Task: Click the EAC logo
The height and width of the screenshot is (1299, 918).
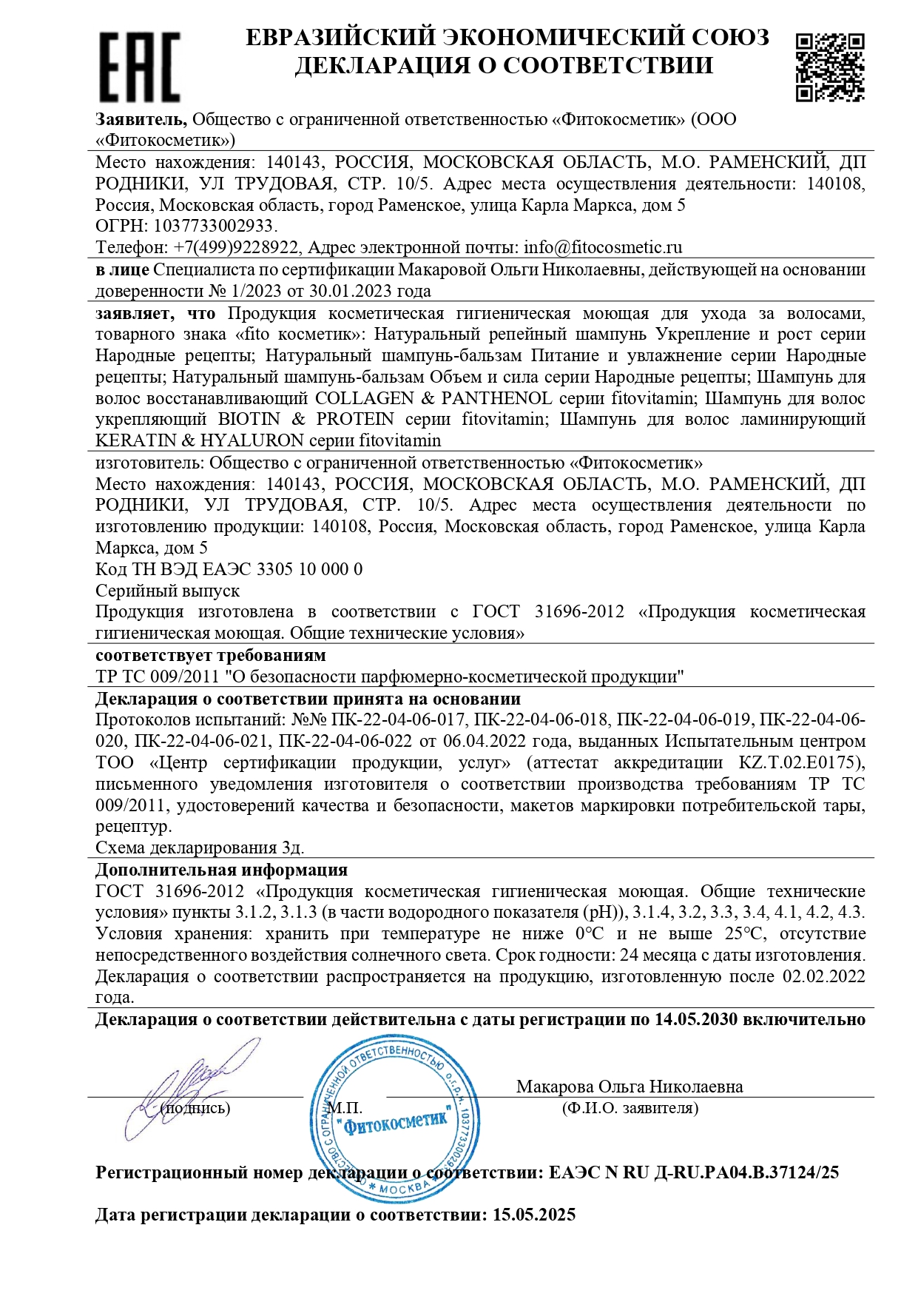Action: click(x=139, y=67)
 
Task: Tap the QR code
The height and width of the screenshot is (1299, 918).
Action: click(x=830, y=67)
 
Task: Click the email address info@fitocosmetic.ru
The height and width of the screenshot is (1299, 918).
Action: click(x=603, y=247)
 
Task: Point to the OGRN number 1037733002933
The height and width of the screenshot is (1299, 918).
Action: click(x=213, y=226)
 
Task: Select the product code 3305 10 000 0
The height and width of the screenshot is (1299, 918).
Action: click(x=309, y=569)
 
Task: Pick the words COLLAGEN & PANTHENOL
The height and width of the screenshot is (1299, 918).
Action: click(x=433, y=398)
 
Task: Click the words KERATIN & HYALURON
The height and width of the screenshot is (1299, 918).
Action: click(x=200, y=441)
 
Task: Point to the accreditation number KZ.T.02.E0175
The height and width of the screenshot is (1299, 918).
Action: click(x=800, y=762)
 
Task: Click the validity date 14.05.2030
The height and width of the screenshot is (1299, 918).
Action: click(x=696, y=1019)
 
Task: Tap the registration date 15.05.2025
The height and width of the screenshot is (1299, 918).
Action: click(x=534, y=1215)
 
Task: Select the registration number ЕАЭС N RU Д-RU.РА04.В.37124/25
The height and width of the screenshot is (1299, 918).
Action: click(x=694, y=1172)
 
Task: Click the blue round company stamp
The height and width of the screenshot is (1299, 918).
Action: click(x=394, y=1118)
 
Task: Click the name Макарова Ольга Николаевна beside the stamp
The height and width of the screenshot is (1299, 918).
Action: click(x=630, y=1087)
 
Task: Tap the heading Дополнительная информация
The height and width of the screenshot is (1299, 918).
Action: click(x=221, y=870)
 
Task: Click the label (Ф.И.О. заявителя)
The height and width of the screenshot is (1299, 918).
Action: click(x=630, y=1108)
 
